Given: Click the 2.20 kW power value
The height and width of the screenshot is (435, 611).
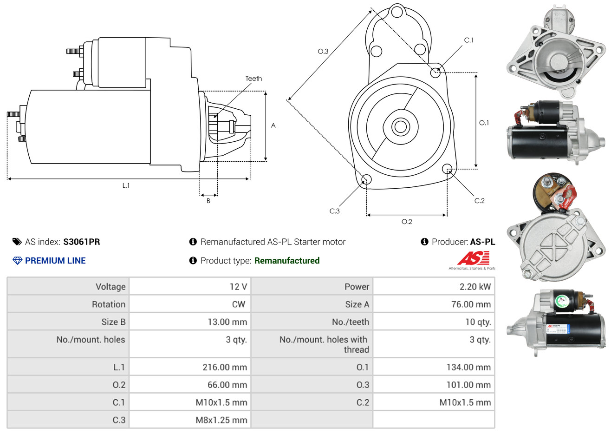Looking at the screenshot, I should tap(475, 287).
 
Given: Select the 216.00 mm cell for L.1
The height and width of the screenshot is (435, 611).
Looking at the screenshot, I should tap(225, 367).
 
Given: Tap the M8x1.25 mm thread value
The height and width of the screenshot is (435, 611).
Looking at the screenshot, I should tap(221, 420).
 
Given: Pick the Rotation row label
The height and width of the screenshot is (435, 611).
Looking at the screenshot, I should tap(109, 304).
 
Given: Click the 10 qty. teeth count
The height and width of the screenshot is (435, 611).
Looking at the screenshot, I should tap(478, 322).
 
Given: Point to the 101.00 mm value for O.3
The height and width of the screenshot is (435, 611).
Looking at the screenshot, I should tap(468, 385).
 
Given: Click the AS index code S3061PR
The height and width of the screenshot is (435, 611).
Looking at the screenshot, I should tap(82, 242).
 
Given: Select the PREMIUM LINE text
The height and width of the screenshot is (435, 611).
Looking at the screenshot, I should tap(55, 261).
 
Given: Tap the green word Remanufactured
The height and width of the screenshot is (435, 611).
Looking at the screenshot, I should tap(287, 261).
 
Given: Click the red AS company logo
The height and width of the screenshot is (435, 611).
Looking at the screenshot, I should tap(473, 258).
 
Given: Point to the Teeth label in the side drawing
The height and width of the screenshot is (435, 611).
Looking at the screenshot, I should tap(253, 79).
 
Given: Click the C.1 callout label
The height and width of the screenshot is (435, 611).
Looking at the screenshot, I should tap(469, 40).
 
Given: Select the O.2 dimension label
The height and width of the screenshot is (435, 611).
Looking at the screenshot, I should tap(407, 222).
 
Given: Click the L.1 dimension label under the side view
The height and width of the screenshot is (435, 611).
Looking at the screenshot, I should tap(126, 185).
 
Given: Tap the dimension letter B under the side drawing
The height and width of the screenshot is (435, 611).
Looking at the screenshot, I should tap(208, 201).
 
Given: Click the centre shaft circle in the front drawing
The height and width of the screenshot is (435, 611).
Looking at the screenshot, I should tap(399, 126).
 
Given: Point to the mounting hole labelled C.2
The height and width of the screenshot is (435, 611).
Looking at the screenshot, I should tap(447, 168).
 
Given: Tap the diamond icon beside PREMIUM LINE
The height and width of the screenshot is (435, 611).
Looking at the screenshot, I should tap(17, 261).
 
